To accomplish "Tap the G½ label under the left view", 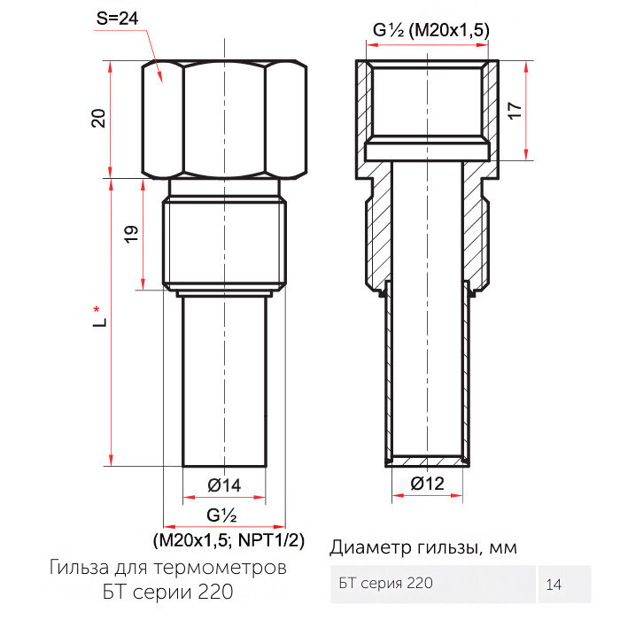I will (x=223, y=516).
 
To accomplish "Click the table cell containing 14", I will (x=554, y=585).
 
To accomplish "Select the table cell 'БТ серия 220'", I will (x=386, y=584).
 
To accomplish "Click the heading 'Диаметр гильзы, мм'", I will (x=422, y=546).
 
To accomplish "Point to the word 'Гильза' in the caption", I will (x=80, y=568).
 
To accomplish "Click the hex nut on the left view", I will (x=225, y=119).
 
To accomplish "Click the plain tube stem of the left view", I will (x=225, y=381).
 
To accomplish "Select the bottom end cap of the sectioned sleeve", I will (x=429, y=461).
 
